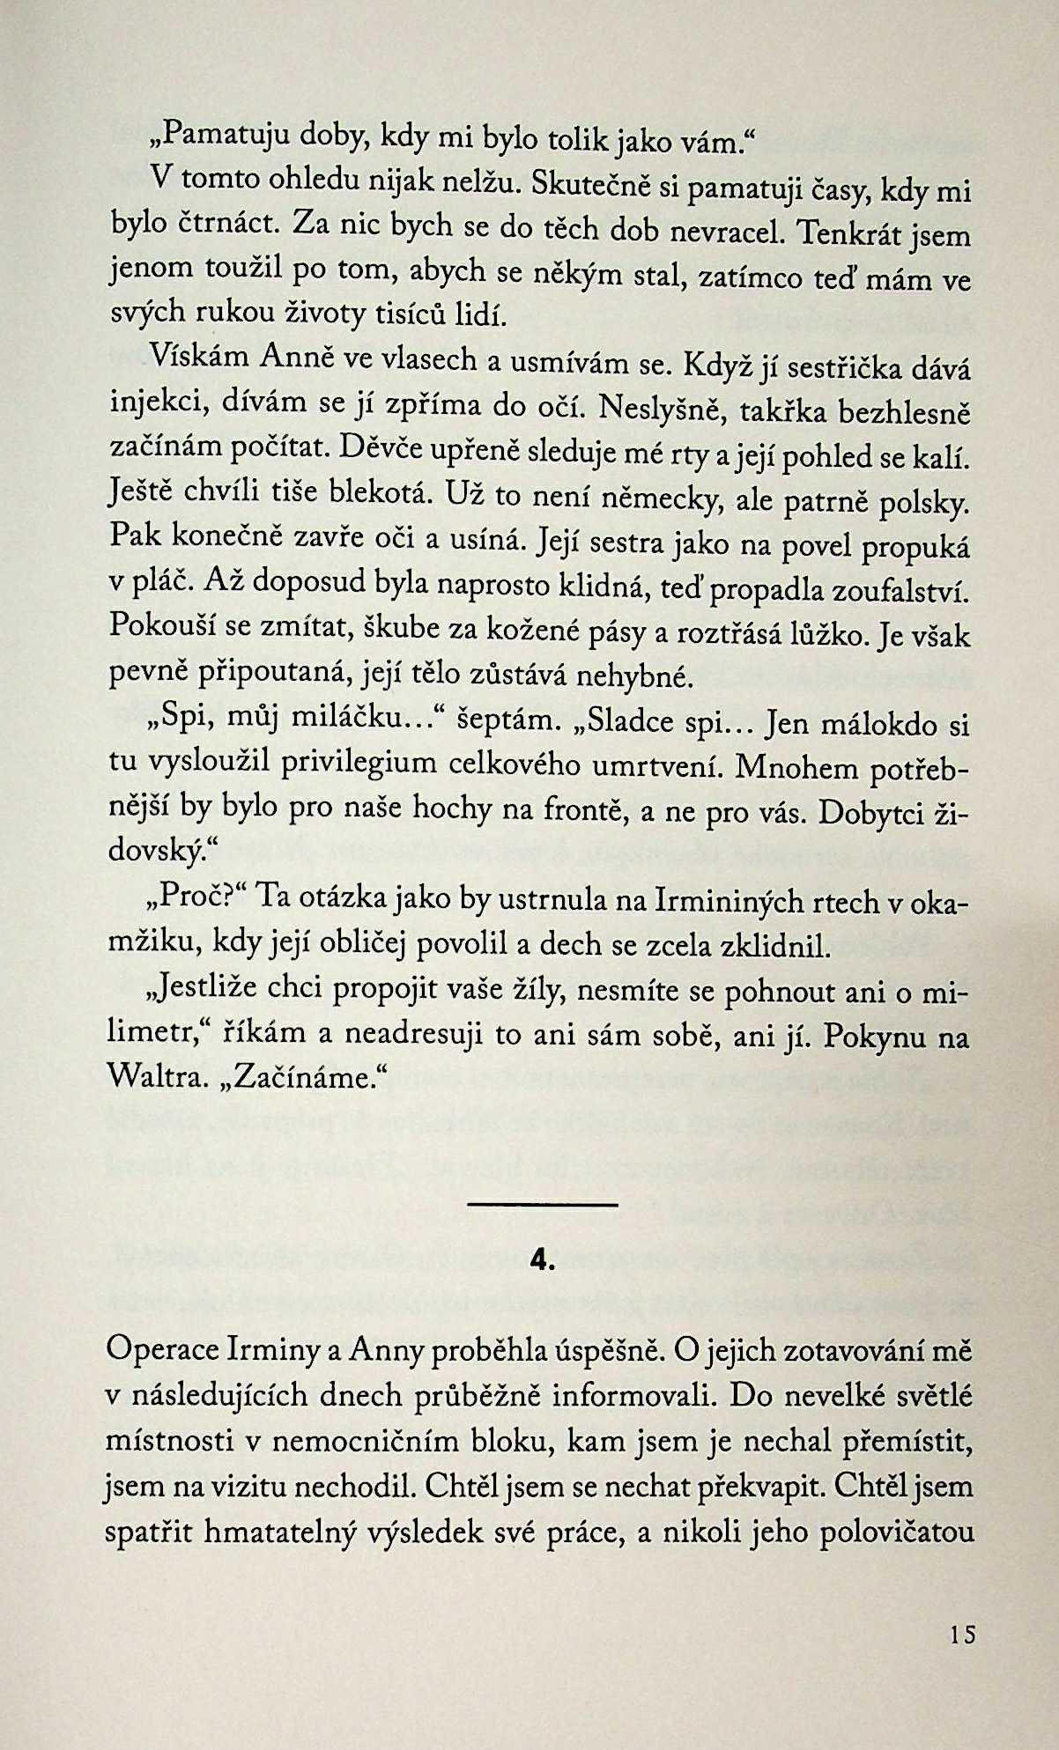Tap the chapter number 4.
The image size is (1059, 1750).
[x=543, y=1262]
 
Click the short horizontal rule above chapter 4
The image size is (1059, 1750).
[x=543, y=1204]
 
